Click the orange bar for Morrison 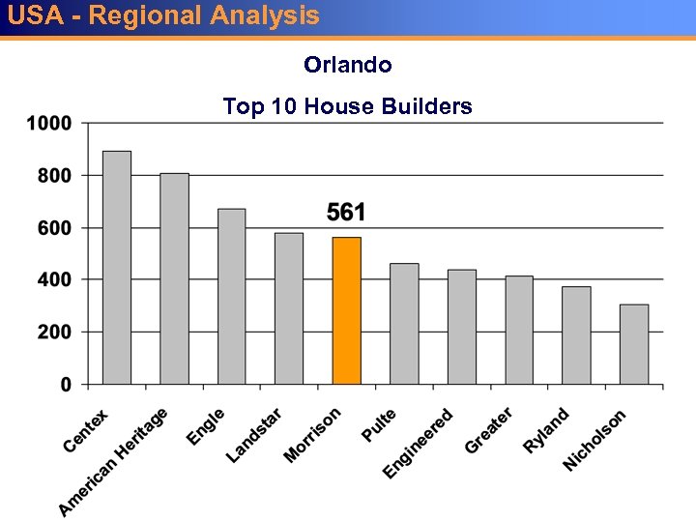(x=346, y=310)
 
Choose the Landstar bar (x=289, y=308)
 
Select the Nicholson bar (x=634, y=344)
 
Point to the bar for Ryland (x=576, y=335)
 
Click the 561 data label (x=346, y=212)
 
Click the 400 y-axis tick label (x=55, y=279)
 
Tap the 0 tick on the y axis (x=66, y=385)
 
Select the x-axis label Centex (x=86, y=431)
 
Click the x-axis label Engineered (x=418, y=444)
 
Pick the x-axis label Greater (x=488, y=430)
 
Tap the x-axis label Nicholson (x=594, y=441)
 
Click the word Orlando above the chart (x=347, y=65)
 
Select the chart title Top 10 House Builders (x=347, y=106)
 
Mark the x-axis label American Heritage (x=113, y=462)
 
